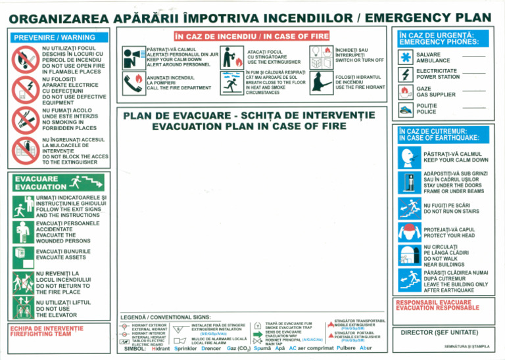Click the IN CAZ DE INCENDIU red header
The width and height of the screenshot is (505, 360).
pyautogui.click(x=251, y=34)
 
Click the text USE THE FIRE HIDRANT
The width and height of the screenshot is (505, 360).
pyautogui.click(x=360, y=87)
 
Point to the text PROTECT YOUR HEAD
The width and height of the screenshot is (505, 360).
pyautogui.click(x=448, y=235)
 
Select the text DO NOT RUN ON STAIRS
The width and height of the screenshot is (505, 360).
pyautogui.click(x=454, y=212)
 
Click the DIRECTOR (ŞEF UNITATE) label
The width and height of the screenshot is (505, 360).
pyautogui.click(x=444, y=332)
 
